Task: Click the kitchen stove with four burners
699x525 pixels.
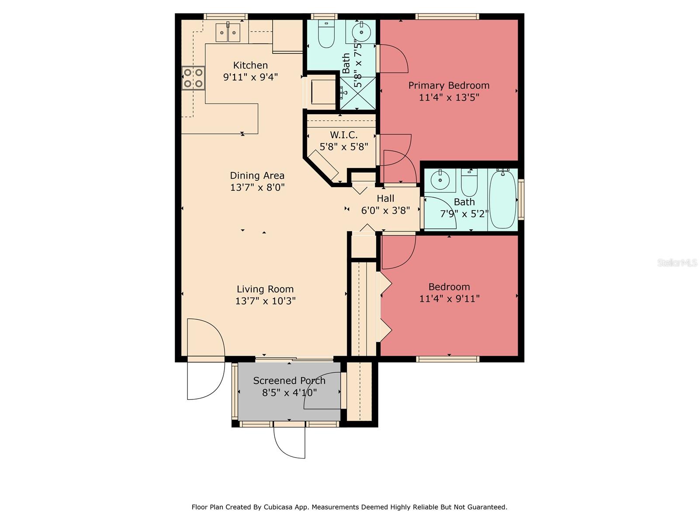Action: coord(193,78)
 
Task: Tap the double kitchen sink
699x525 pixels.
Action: coord(228,32)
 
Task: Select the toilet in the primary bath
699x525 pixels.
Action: coord(326,35)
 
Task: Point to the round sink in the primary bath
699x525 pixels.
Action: coord(361,32)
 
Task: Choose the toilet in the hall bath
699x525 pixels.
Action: coord(469,182)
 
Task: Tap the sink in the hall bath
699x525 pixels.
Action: coord(440,180)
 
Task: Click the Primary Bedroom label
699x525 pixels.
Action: coord(449,85)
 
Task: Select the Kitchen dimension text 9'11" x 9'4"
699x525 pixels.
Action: coord(250,77)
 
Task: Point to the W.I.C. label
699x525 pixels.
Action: coord(344,135)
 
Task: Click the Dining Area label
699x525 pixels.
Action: coord(257,175)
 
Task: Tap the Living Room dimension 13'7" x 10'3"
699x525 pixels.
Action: coord(265,301)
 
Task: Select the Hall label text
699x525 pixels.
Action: coord(385,199)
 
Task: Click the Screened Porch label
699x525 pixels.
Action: coord(289,381)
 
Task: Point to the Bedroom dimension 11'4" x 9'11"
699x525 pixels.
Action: coord(450,299)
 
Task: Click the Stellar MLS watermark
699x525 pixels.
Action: coord(677,262)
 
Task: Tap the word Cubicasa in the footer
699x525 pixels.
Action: coord(278,507)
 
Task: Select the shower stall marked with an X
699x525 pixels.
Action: coord(358,93)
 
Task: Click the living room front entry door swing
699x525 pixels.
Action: coord(206,359)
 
